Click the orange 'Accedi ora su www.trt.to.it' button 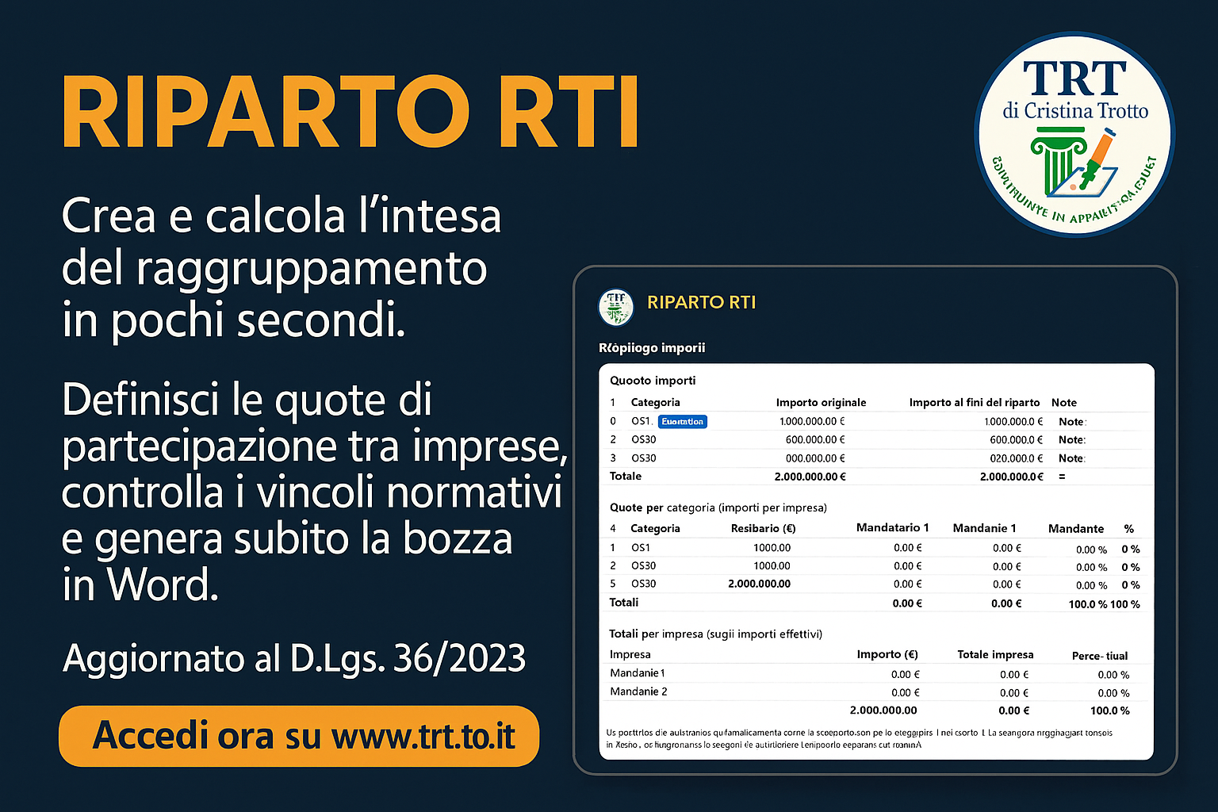(x=299, y=736)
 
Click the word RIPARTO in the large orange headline (x=262, y=113)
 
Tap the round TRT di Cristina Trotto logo (x=1074, y=134)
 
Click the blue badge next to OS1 (x=683, y=422)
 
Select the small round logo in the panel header (x=615, y=307)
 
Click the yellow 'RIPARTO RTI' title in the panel (x=701, y=302)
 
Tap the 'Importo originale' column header (x=821, y=403)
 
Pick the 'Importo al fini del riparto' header (x=974, y=403)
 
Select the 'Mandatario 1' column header (x=892, y=528)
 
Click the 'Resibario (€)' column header (x=763, y=529)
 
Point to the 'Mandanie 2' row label (x=638, y=691)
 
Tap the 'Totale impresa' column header (x=995, y=655)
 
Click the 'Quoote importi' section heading (x=653, y=381)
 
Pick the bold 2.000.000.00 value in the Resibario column (x=759, y=584)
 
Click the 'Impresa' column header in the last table (x=630, y=655)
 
